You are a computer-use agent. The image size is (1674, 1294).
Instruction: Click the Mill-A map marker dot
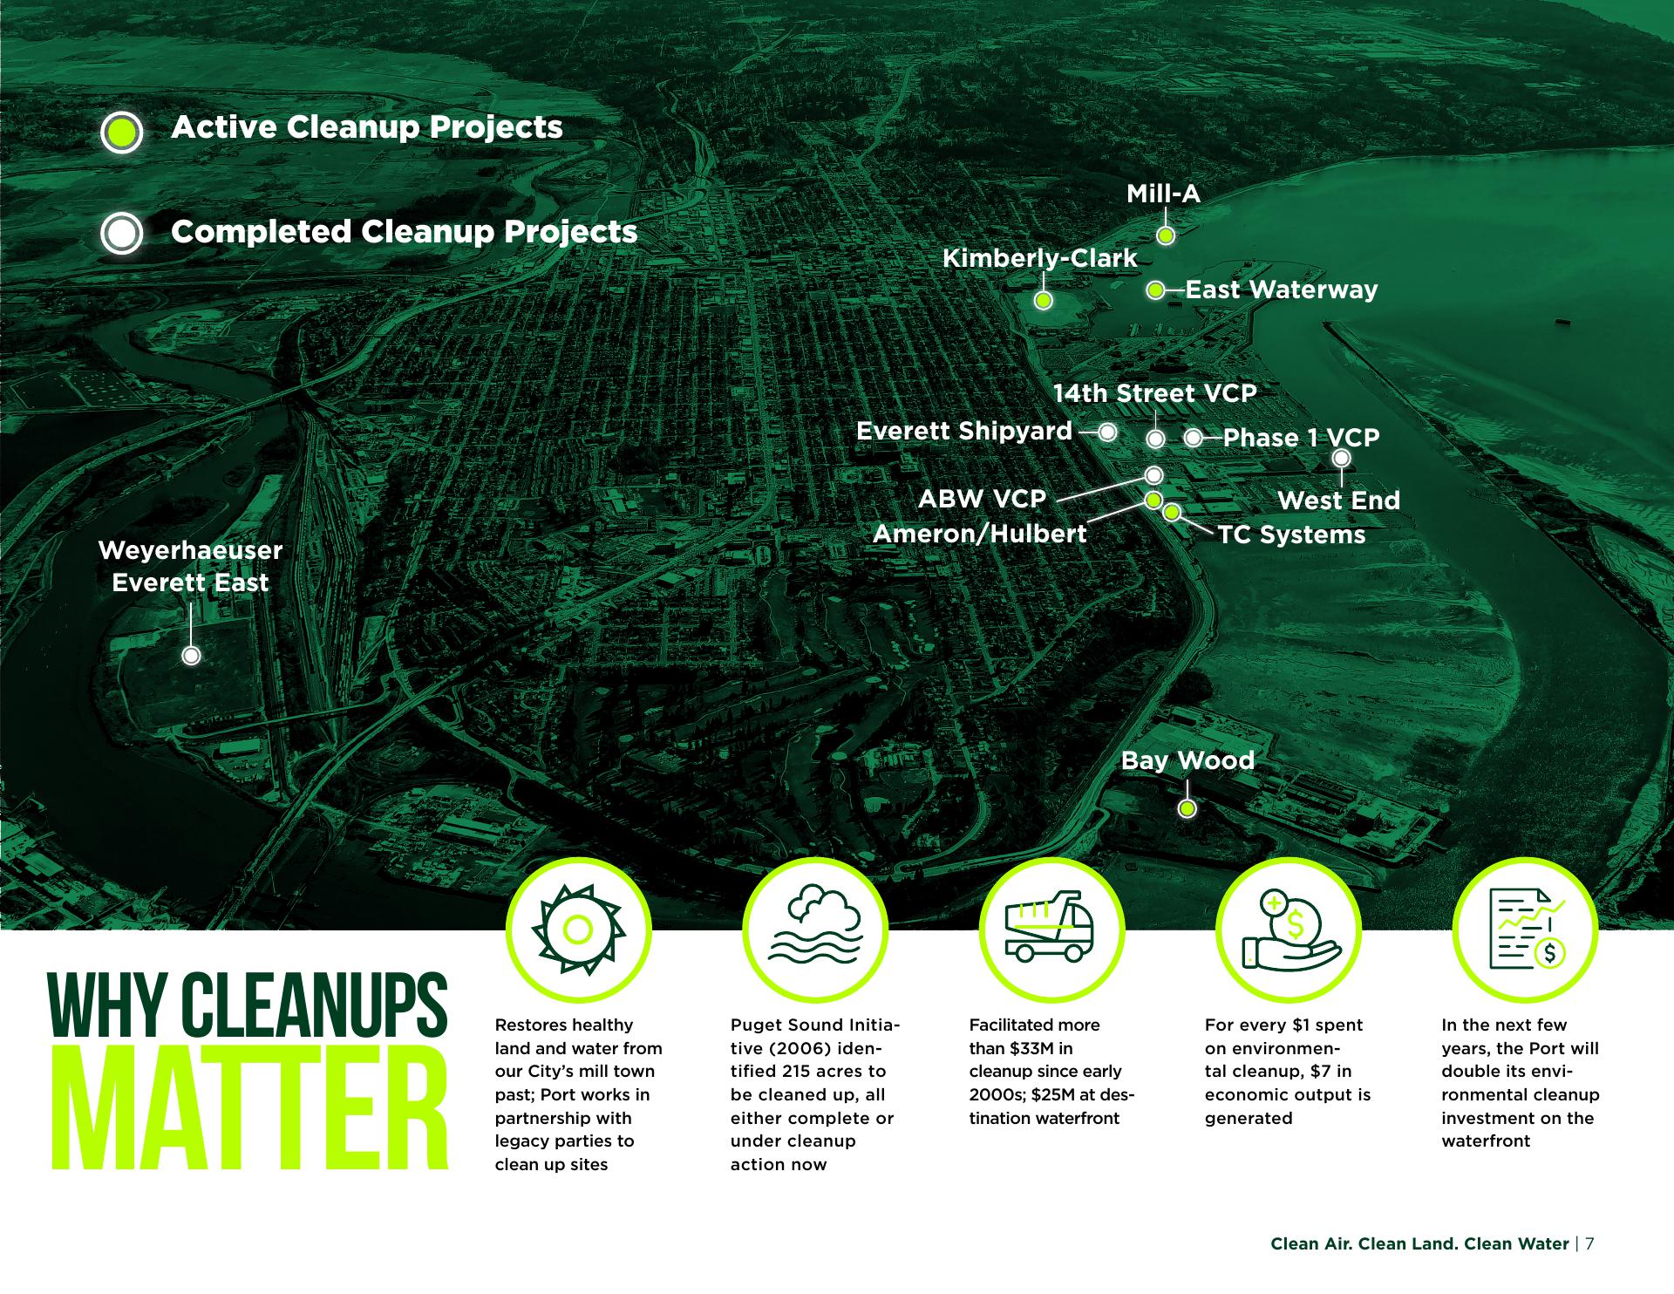click(1166, 235)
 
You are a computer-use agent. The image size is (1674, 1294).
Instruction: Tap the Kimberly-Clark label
click(1040, 258)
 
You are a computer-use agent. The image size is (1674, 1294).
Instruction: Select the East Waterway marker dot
click(1155, 290)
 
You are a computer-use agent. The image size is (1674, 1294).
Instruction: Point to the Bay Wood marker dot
click(1187, 809)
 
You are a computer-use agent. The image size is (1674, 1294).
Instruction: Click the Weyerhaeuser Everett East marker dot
click(191, 656)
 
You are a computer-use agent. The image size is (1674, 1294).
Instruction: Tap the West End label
click(1338, 501)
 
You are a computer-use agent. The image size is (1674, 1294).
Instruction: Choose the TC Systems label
click(1291, 535)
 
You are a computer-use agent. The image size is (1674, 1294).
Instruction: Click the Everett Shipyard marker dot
click(1107, 432)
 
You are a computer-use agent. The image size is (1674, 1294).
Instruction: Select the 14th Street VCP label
click(1154, 393)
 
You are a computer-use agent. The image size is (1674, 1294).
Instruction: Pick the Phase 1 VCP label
click(1301, 438)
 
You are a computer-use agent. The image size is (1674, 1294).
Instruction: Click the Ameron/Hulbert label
click(980, 534)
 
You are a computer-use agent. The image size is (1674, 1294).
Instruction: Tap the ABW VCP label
click(982, 499)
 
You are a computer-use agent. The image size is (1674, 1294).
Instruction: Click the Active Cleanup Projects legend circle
click(121, 133)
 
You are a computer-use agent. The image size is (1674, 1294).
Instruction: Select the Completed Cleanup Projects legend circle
click(121, 233)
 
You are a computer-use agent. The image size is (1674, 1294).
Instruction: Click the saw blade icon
click(578, 930)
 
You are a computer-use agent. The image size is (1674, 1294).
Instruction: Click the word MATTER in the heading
click(250, 1107)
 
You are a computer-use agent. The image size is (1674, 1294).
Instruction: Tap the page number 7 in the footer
click(1590, 1244)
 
